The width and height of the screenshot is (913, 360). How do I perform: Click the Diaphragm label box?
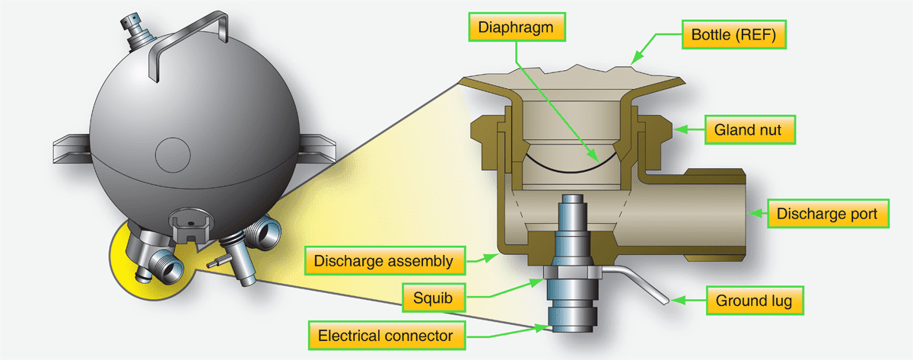click(x=517, y=27)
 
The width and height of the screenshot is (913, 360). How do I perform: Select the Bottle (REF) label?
click(x=733, y=35)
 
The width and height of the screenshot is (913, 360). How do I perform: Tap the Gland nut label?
click(x=750, y=129)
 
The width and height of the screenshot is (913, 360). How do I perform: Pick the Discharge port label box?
click(x=828, y=214)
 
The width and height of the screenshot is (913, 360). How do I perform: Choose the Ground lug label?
click(x=755, y=301)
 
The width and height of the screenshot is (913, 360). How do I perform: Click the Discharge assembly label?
click(x=385, y=260)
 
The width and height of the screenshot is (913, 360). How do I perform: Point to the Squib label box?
click(x=434, y=298)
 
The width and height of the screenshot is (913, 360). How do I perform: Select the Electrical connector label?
click(x=387, y=336)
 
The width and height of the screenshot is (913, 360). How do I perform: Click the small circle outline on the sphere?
click(x=173, y=155)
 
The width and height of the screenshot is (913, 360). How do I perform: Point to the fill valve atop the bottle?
click(x=138, y=32)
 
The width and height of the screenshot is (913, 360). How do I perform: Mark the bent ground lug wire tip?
click(x=666, y=302)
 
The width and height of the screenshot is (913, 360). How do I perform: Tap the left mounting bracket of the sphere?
click(x=72, y=148)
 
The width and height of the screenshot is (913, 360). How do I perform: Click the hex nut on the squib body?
click(x=572, y=272)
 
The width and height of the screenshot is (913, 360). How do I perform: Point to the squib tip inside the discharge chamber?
click(x=572, y=199)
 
